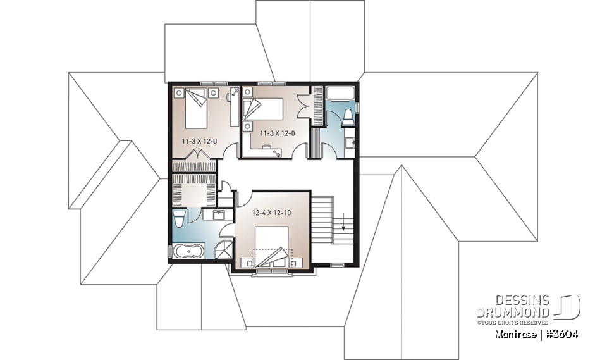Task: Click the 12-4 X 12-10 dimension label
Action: pos(272,213)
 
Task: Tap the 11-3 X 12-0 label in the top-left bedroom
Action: pos(200,141)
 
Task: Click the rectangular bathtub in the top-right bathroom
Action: pos(340,93)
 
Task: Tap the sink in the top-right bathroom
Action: pos(350,140)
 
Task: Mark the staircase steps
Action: pos(324,219)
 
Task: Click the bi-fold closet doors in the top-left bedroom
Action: pos(199,155)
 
